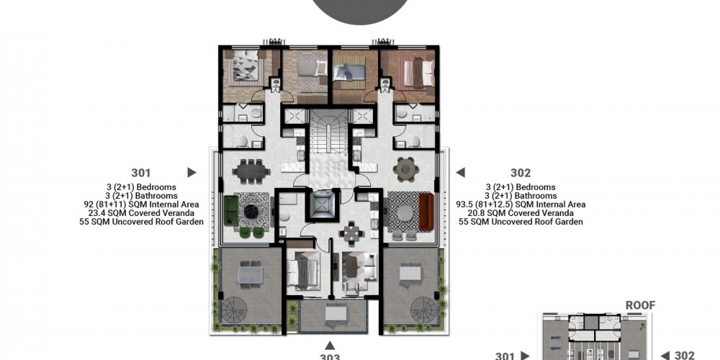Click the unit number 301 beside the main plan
click(141, 173)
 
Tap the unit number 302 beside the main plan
click(521, 173)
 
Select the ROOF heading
click(641, 305)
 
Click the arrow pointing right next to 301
click(192, 173)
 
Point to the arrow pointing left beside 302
click(460, 173)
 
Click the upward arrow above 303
click(330, 346)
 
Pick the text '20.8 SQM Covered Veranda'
click(521, 213)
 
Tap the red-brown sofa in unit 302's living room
click(426, 211)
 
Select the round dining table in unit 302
click(406, 169)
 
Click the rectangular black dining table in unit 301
click(251, 172)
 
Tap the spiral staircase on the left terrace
click(234, 310)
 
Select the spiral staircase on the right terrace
click(423, 310)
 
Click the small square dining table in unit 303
click(351, 234)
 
